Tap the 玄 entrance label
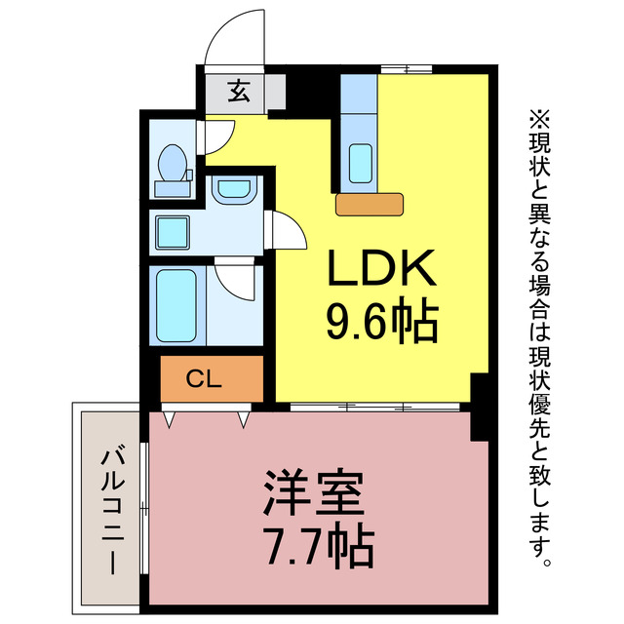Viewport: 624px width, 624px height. [x=238, y=92]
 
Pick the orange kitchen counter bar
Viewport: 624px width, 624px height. [x=370, y=204]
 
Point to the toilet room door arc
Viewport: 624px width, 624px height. [x=218, y=135]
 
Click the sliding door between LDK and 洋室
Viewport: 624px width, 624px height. [x=370, y=405]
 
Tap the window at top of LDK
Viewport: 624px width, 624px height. [x=406, y=68]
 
